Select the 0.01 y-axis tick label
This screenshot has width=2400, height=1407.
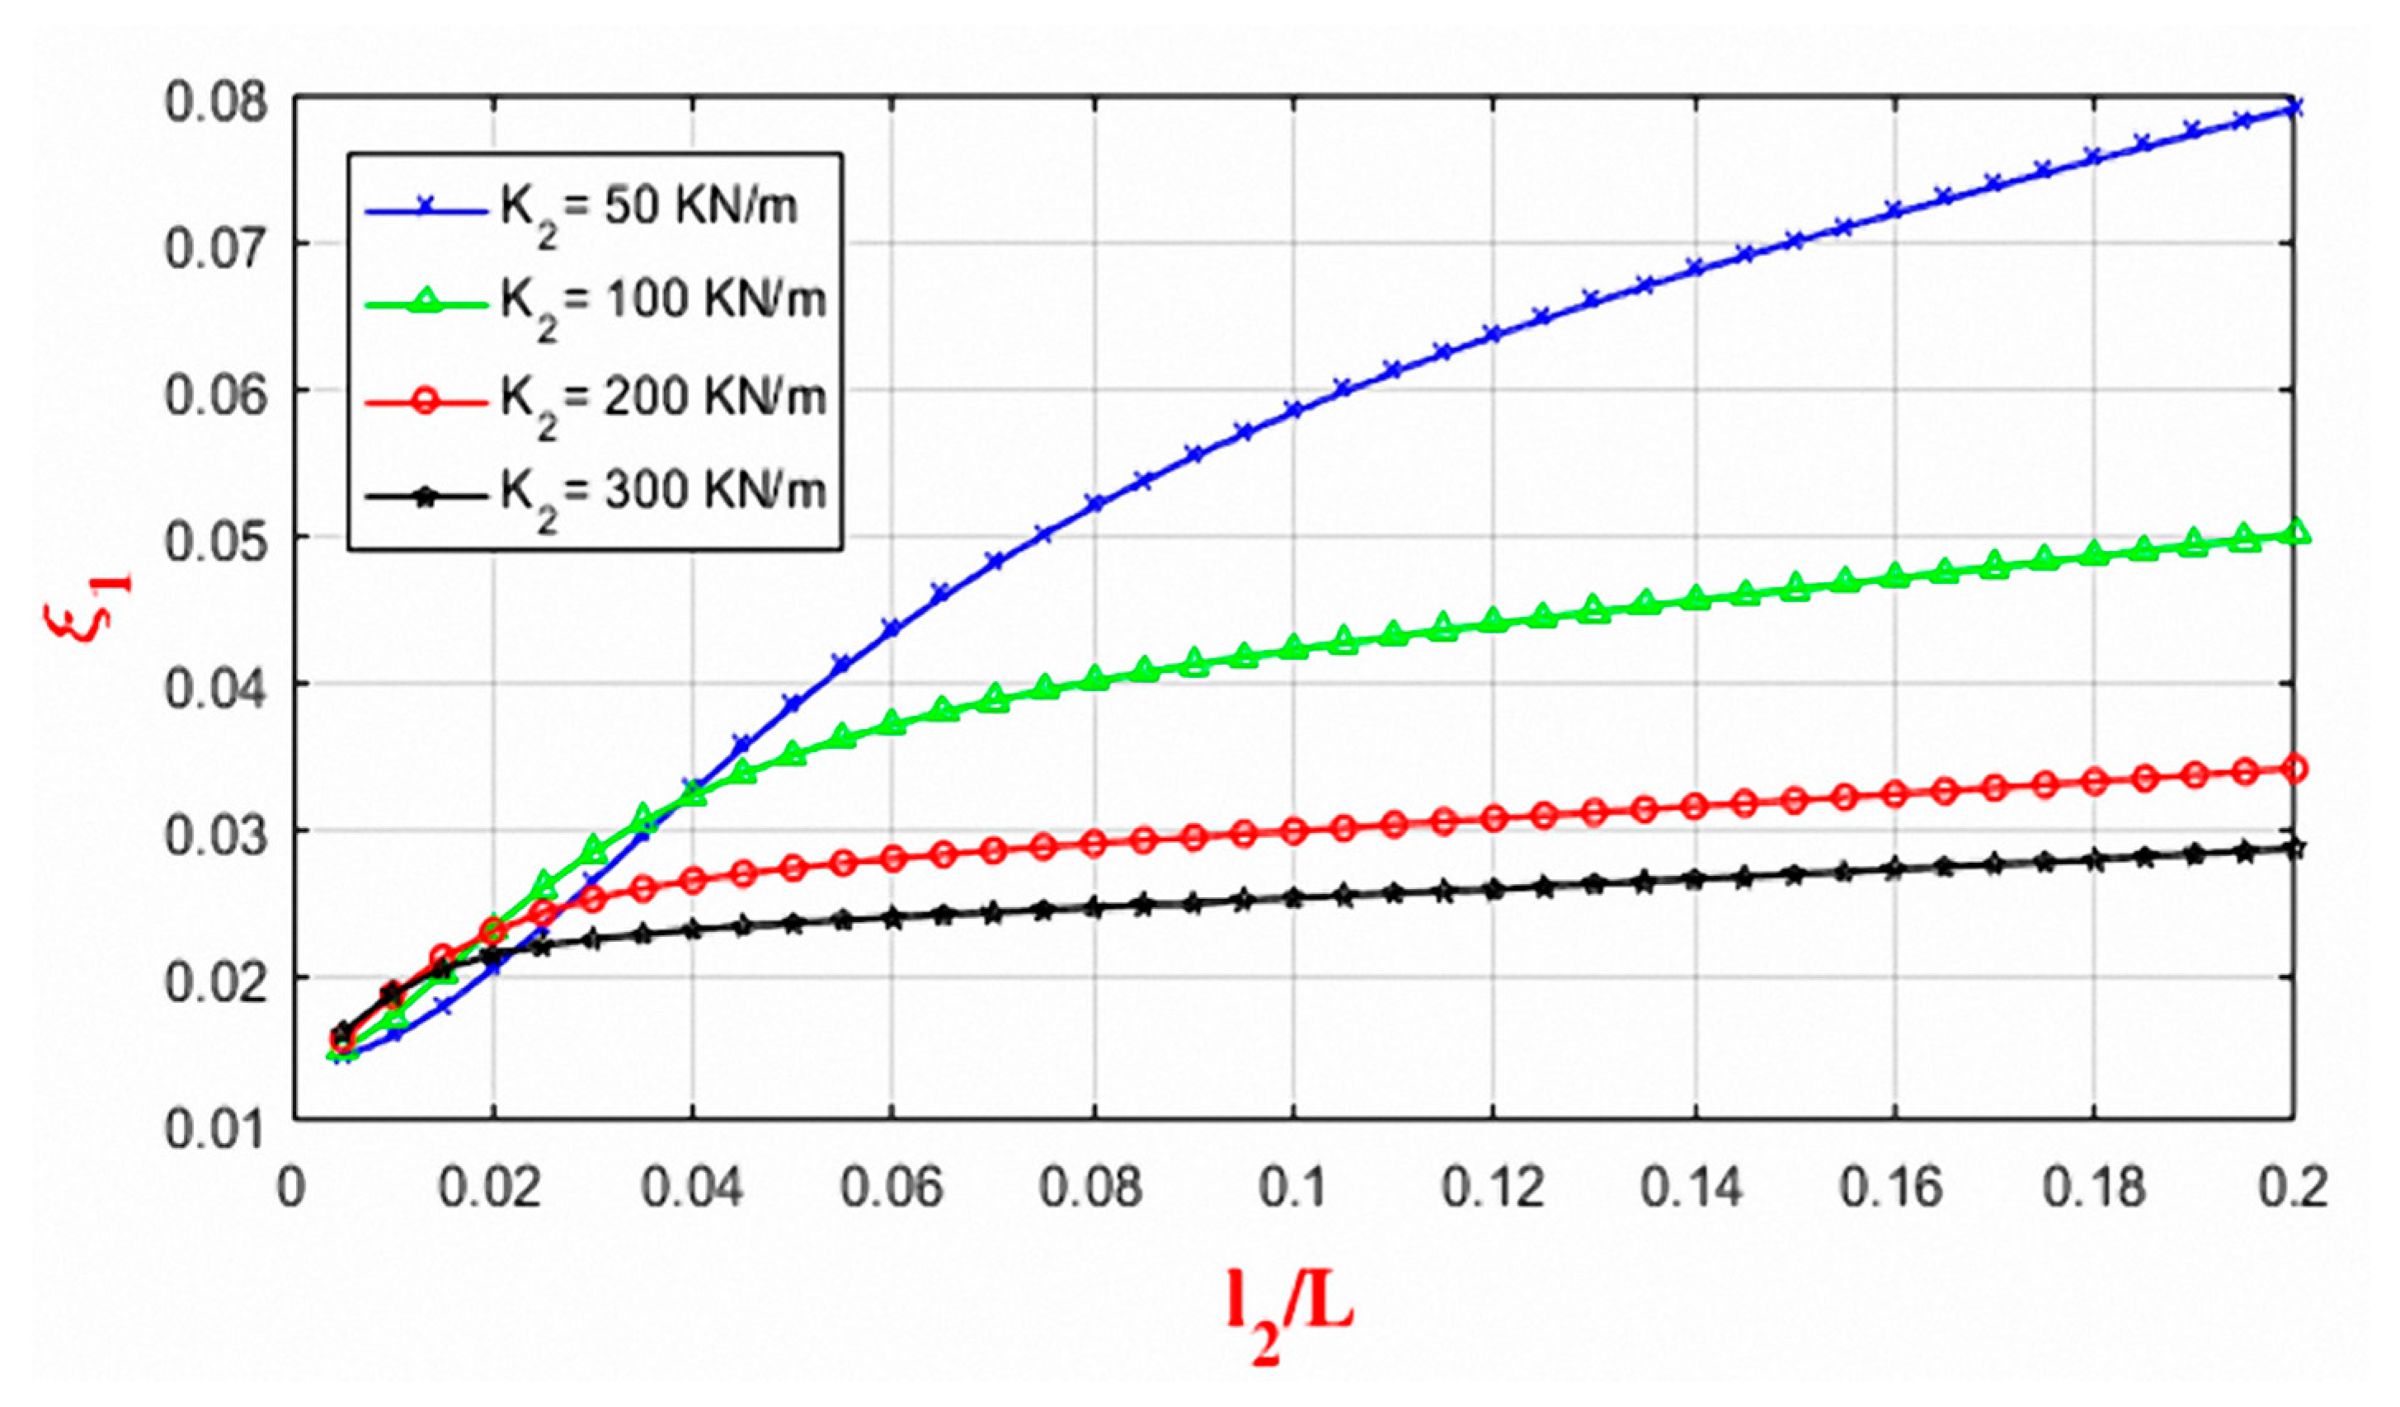coord(215,1131)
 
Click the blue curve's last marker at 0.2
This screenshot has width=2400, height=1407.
coord(2294,108)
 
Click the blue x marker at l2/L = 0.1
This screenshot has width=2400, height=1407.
coord(1293,410)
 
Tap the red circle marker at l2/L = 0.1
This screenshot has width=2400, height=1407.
coord(1293,831)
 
